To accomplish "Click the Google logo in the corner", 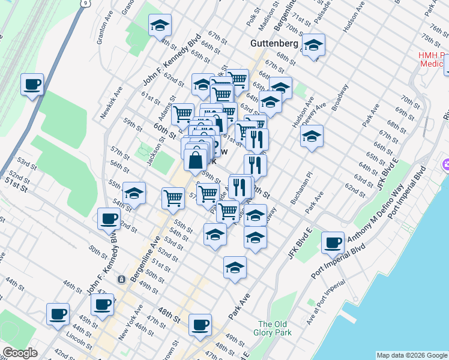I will (20, 353).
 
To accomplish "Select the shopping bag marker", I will (196, 160).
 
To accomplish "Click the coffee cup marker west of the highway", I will (32, 84).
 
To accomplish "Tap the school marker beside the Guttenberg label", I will (313, 45).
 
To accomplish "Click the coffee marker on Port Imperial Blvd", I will (333, 242).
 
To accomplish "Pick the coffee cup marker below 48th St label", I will (200, 325).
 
